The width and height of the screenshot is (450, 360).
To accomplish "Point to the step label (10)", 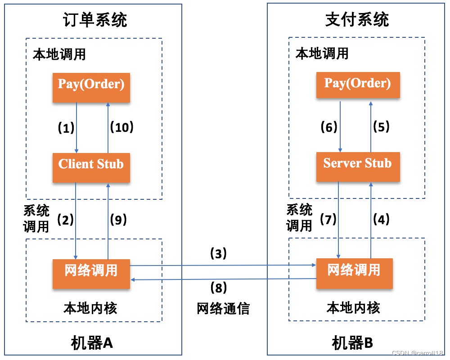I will click(x=122, y=127).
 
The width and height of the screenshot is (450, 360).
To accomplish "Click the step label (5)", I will click(x=381, y=127).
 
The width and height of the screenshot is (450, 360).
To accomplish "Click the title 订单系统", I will click(x=95, y=19).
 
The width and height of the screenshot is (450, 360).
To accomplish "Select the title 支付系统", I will click(x=357, y=19).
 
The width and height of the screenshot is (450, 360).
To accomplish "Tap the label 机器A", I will click(x=92, y=343).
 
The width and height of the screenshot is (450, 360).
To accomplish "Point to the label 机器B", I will click(x=353, y=343).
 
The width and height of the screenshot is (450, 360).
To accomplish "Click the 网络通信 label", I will click(x=223, y=308).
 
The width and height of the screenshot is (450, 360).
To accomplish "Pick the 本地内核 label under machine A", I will click(x=90, y=308).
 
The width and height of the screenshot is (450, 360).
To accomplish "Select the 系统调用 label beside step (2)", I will click(x=36, y=218).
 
